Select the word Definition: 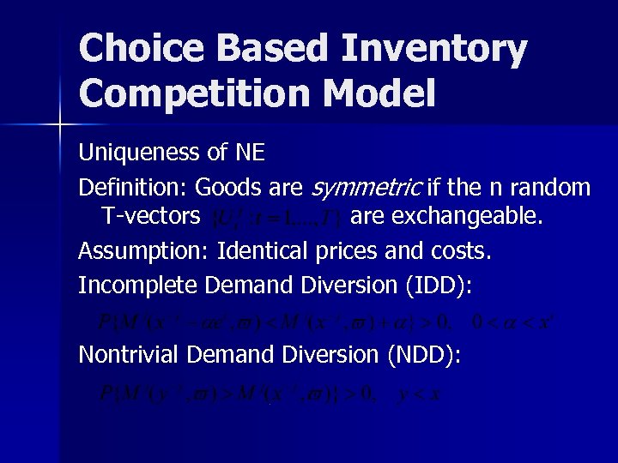coord(133,187)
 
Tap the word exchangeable coord(447,218)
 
